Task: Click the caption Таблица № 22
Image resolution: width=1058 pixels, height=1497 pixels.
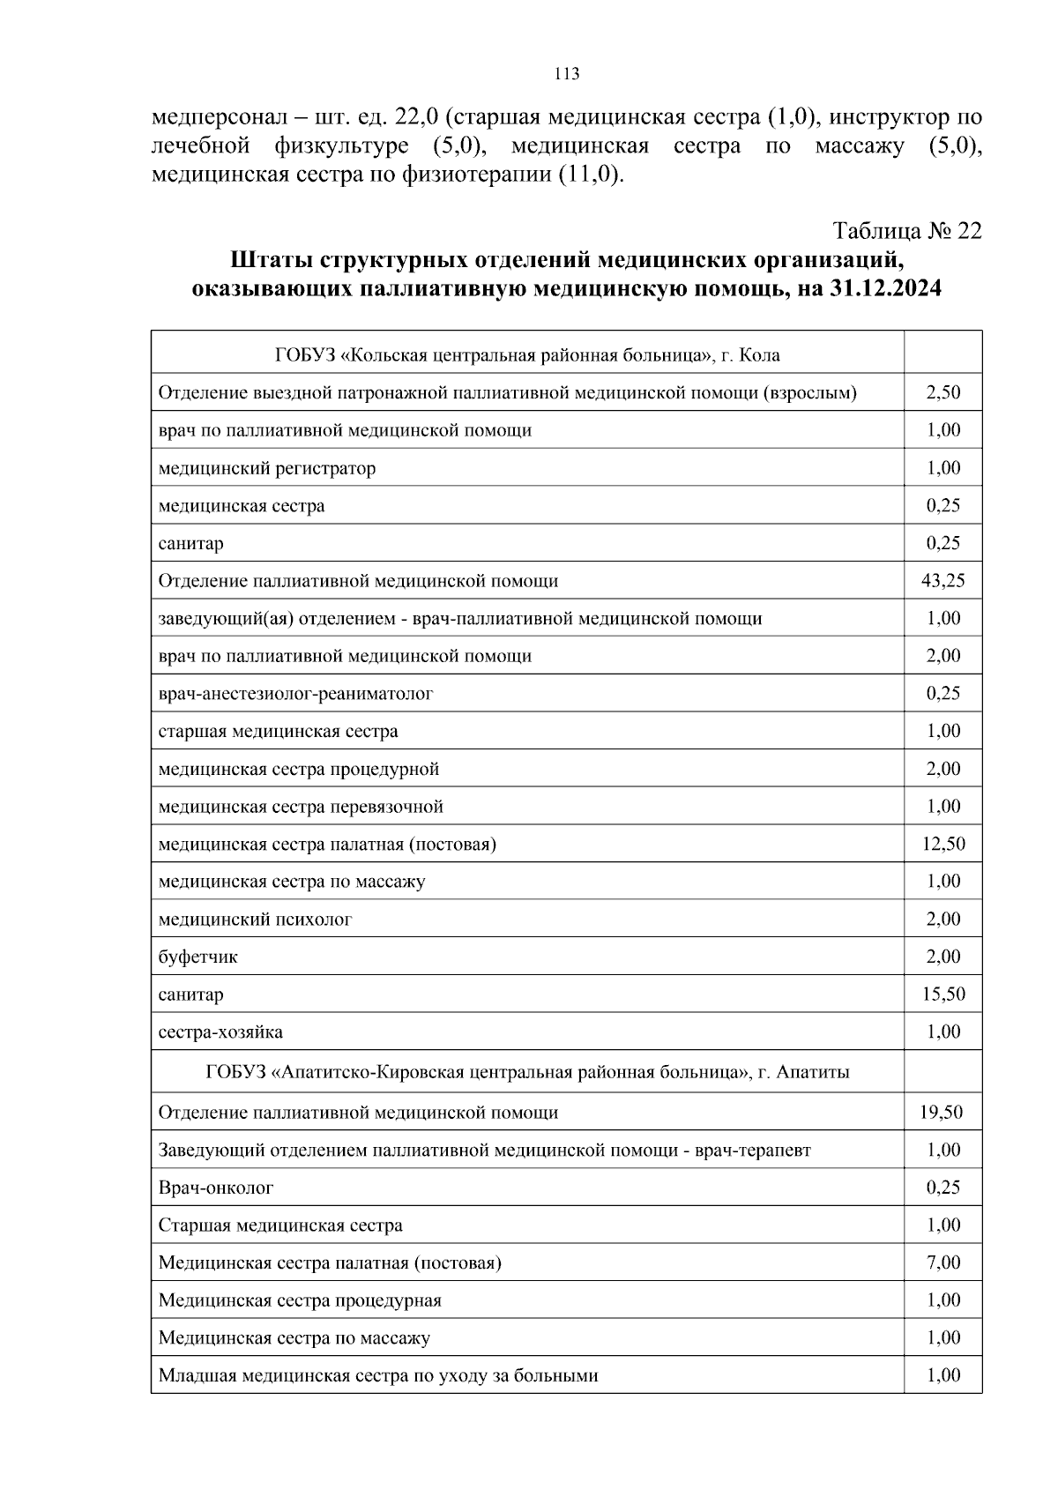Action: [907, 231]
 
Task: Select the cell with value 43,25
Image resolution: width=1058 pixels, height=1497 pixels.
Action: [943, 581]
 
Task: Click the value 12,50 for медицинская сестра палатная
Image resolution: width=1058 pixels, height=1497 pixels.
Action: [943, 844]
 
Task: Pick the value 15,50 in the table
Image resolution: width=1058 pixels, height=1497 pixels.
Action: [943, 994]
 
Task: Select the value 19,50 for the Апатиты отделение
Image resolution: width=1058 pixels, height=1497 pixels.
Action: [943, 1113]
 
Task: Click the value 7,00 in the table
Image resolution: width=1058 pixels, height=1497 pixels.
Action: [943, 1262]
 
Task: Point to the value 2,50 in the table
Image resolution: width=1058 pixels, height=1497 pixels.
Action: [943, 392]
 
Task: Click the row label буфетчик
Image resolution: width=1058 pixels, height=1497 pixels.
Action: [198, 957]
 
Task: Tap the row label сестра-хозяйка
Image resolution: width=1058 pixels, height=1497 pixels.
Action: [220, 1032]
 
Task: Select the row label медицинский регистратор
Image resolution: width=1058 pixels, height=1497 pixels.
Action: [266, 468]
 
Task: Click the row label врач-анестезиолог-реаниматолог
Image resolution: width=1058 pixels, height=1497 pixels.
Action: [295, 694]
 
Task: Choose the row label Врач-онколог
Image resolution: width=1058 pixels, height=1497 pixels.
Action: [216, 1188]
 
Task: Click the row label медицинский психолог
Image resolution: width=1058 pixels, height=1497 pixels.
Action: [255, 920]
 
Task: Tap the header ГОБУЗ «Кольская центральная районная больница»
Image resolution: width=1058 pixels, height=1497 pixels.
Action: [527, 355]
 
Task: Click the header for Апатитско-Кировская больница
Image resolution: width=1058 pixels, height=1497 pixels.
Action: [527, 1073]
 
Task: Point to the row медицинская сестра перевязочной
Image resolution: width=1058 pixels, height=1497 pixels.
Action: [301, 807]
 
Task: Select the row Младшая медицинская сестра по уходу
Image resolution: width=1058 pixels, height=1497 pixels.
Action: [378, 1375]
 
